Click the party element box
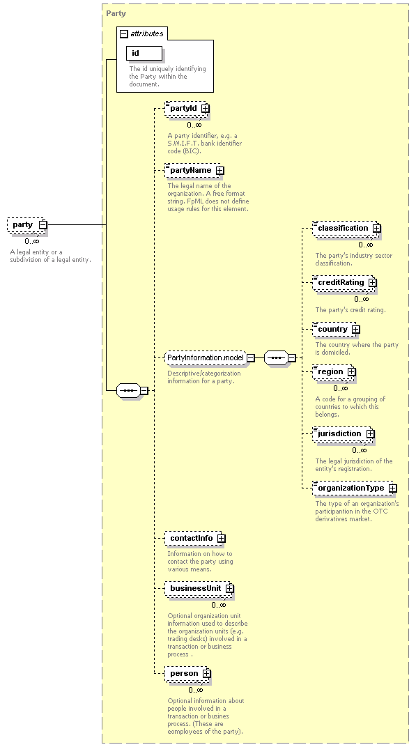click(x=27, y=225)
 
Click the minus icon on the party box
click(x=43, y=225)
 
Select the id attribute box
click(x=144, y=54)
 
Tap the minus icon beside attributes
click(x=124, y=34)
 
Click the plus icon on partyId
click(x=205, y=109)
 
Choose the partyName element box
click(x=194, y=170)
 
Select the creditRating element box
click(x=344, y=282)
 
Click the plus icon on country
click(x=356, y=329)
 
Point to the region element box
click(x=334, y=371)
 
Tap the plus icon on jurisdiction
click(x=370, y=433)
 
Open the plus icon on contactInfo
click(x=221, y=539)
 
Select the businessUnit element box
click(x=199, y=588)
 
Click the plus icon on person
click(x=206, y=674)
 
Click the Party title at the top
click(x=116, y=13)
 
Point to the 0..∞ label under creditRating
click(x=361, y=299)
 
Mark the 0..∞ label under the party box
click(x=32, y=241)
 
